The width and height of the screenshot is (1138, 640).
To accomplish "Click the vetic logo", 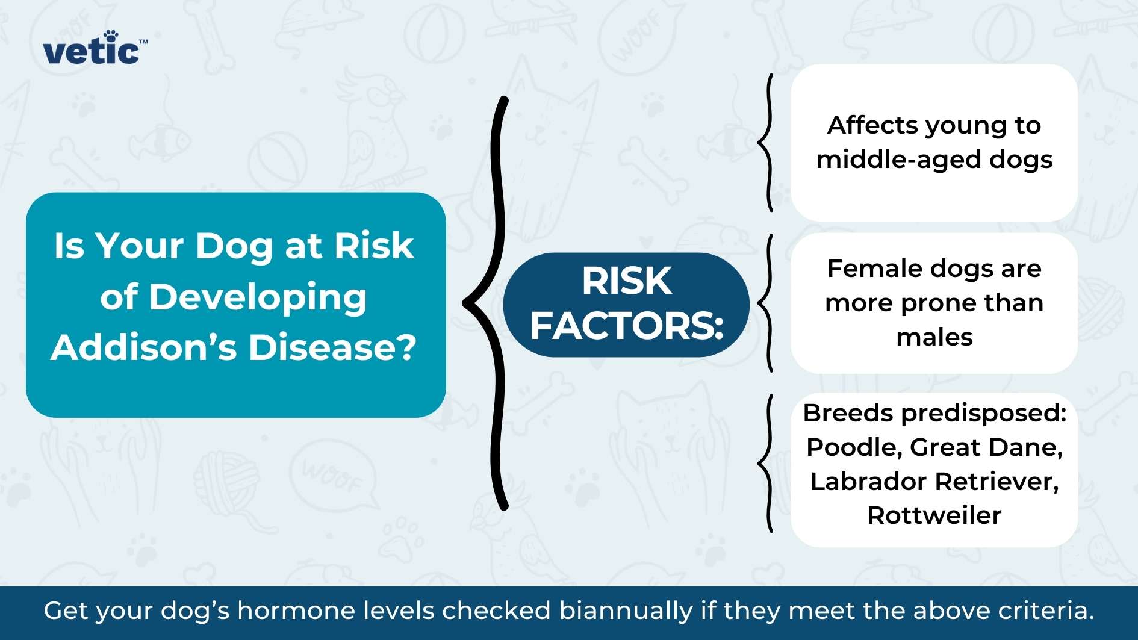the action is pyautogui.click(x=95, y=48).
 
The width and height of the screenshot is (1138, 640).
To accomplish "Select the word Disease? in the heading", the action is pyautogui.click(x=332, y=347).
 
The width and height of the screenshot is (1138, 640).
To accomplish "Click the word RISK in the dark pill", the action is pyautogui.click(x=626, y=281).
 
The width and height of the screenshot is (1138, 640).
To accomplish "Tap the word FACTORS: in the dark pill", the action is pyautogui.click(x=626, y=326).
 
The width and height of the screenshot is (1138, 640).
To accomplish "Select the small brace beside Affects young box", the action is pyautogui.click(x=765, y=142).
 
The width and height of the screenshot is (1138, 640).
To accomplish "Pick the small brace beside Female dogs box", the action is pyautogui.click(x=765, y=303).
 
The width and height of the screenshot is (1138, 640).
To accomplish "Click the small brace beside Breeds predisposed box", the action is pyautogui.click(x=765, y=464).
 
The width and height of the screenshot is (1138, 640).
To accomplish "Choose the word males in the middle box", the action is pyautogui.click(x=934, y=337).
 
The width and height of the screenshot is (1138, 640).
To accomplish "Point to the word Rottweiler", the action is pyautogui.click(x=934, y=515).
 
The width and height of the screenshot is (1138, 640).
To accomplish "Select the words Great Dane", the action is pyautogui.click(x=986, y=447).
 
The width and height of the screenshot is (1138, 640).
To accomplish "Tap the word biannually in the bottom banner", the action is pyautogui.click(x=626, y=611).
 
